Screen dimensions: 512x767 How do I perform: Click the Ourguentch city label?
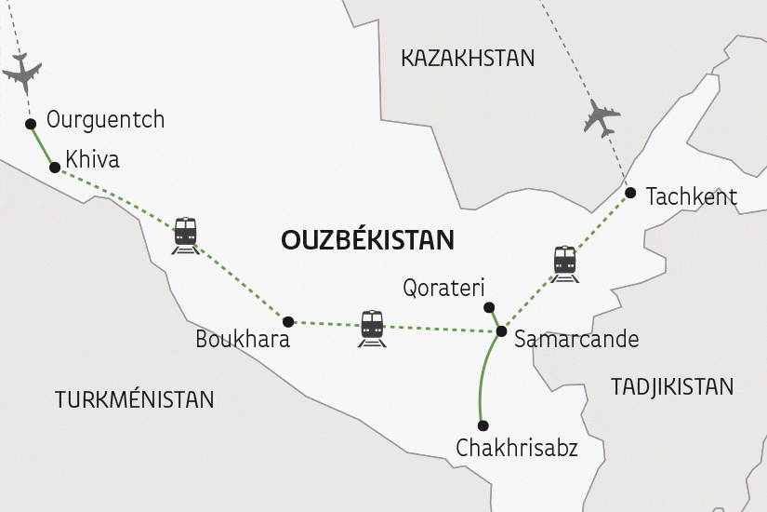[x=105, y=120]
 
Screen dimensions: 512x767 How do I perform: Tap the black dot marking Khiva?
[x=55, y=168]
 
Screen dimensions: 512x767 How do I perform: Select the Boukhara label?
[x=243, y=340]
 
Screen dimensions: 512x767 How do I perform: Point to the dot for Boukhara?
[x=288, y=321]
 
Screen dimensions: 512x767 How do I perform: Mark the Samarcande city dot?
[x=501, y=331]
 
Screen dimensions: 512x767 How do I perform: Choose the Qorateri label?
[x=444, y=288]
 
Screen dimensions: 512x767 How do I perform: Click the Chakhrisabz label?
[x=517, y=449]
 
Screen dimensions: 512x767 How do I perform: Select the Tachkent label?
[x=691, y=196]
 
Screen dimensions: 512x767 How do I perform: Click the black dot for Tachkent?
[x=630, y=194]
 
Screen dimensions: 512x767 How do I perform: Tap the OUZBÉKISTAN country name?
[x=367, y=240]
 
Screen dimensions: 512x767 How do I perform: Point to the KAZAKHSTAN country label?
[x=468, y=59]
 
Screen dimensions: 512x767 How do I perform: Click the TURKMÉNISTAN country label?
[x=135, y=400]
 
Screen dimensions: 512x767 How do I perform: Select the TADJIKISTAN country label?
[x=672, y=386]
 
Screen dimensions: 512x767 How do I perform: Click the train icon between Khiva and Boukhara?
[x=186, y=236]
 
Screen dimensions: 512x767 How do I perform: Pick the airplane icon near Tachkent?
[x=602, y=118]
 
